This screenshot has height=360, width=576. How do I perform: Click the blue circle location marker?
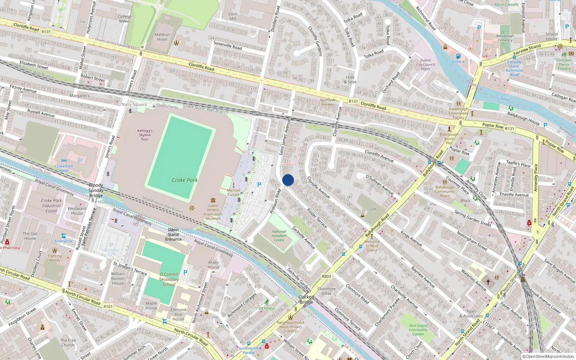(x=288, y=180)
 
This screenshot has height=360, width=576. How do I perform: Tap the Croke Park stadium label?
(x=185, y=180)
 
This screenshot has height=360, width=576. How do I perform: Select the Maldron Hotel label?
(x=162, y=37)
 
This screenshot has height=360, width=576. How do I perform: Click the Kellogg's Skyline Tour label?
(x=145, y=135)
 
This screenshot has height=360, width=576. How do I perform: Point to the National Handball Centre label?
(x=279, y=236)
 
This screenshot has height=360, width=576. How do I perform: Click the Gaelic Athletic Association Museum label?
(x=213, y=212)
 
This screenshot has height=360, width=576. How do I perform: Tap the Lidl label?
(x=373, y=209)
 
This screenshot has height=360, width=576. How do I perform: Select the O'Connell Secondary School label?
(x=169, y=279)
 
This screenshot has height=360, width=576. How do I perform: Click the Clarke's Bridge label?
(x=306, y=300)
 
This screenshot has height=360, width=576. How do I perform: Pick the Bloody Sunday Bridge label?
(x=96, y=190)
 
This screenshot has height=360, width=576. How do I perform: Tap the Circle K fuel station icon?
(x=458, y=56)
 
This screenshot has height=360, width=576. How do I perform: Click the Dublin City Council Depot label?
(x=426, y=65)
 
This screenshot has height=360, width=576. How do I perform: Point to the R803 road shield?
(x=326, y=276)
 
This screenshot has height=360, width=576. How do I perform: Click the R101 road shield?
(x=108, y=307)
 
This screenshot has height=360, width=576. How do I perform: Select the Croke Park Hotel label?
(x=64, y=168)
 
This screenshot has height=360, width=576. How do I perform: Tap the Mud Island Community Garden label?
(x=418, y=330)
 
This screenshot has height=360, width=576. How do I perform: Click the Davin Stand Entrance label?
(x=173, y=234)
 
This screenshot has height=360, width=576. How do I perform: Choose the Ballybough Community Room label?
(x=445, y=192)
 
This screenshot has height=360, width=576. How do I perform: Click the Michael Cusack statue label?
(x=234, y=192)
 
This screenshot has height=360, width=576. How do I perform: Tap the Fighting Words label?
(x=55, y=258)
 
